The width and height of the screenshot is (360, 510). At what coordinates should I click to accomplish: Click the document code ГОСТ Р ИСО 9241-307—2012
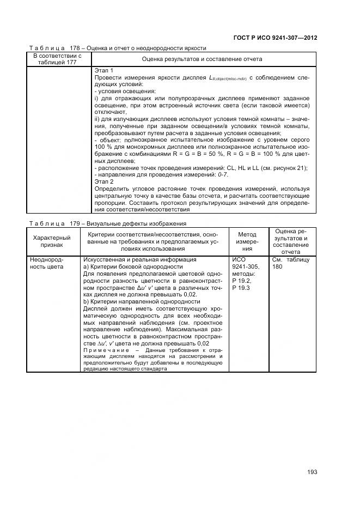[275, 38]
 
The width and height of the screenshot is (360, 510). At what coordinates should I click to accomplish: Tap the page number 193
[312, 472]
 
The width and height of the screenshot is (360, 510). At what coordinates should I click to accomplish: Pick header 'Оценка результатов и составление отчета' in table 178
[202, 59]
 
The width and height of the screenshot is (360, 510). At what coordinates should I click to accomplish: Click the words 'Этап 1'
[104, 71]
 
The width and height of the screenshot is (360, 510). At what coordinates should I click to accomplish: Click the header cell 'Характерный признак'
[52, 241]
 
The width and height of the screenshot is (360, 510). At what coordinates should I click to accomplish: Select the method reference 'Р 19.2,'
[241, 281]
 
